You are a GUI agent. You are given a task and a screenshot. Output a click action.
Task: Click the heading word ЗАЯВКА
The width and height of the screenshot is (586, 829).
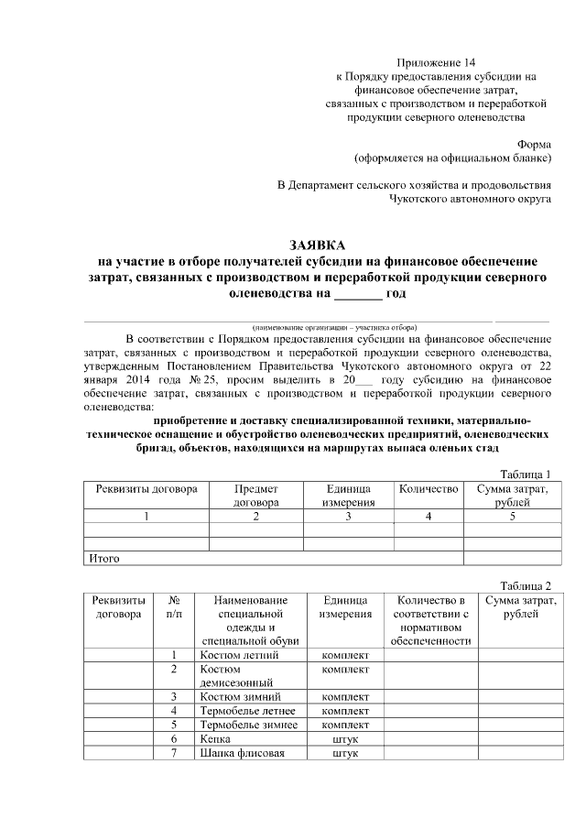(317, 245)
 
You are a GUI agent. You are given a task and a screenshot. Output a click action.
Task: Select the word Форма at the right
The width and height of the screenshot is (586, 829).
(534, 144)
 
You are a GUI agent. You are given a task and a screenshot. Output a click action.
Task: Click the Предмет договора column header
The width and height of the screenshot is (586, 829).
(255, 496)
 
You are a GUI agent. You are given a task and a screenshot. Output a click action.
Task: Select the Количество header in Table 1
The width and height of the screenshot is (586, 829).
(428, 489)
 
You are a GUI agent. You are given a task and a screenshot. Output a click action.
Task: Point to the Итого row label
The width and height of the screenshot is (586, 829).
(103, 557)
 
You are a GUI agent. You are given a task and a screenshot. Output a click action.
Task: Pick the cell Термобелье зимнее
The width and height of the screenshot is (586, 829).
(244, 725)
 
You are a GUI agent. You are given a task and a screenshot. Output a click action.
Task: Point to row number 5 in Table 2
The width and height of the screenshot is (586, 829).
(174, 725)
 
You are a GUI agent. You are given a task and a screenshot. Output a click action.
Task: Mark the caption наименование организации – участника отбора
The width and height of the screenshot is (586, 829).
(335, 326)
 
